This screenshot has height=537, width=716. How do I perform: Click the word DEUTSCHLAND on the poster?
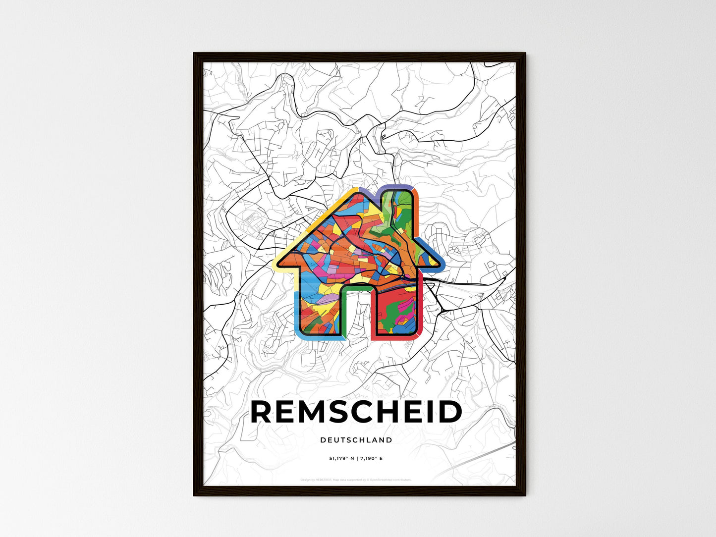click(x=356, y=440)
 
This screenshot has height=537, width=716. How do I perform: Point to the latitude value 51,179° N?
click(x=342, y=458)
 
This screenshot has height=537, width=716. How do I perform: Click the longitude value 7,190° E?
click(x=371, y=458)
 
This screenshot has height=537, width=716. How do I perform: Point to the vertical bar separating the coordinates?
click(x=357, y=458)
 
